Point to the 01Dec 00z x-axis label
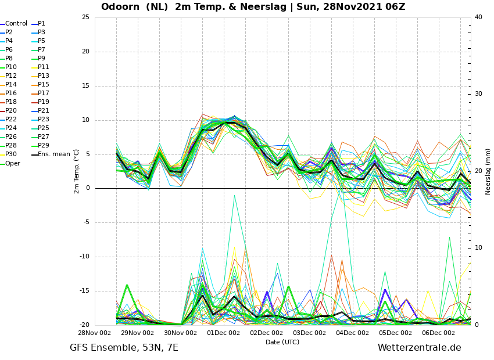[223, 333]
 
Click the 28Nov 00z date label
[95, 333]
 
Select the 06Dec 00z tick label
[439, 333]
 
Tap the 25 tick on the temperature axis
[85, 17]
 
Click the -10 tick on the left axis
[84, 257]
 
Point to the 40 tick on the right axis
[478, 17]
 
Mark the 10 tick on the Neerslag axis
[478, 248]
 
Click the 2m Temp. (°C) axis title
[77, 171]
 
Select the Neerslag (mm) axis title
[488, 172]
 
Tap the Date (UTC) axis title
[282, 342]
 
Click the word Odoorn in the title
[120, 6]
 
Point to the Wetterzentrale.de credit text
[420, 348]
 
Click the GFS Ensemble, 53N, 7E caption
[124, 348]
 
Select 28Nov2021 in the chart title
[352, 6]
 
